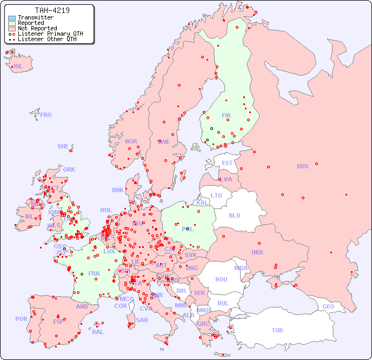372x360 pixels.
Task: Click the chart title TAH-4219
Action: [52, 10]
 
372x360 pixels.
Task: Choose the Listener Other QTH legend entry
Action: [48, 39]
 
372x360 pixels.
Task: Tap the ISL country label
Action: [18, 67]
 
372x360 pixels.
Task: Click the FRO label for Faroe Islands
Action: [46, 115]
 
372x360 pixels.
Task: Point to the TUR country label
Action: [277, 330]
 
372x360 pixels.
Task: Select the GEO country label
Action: [328, 306]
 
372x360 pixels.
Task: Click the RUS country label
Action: [302, 166]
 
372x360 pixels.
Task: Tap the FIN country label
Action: [226, 115]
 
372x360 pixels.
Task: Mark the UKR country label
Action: [257, 252]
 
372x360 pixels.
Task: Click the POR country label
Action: [21, 319]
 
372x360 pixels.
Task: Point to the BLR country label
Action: [234, 215]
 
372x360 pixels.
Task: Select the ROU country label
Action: [221, 279]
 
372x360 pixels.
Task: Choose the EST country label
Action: [227, 163]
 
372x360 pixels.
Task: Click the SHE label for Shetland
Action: [63, 146]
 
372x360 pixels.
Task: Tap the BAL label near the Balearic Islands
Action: [98, 332]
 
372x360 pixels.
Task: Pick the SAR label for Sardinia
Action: [142, 320]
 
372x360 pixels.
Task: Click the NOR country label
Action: [131, 141]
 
